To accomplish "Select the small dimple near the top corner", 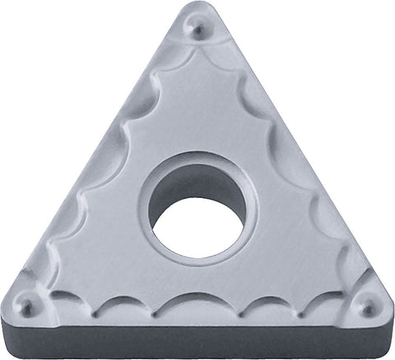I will [198, 30].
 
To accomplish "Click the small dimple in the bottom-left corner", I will [28, 307].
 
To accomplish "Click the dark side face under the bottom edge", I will [197, 344].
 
